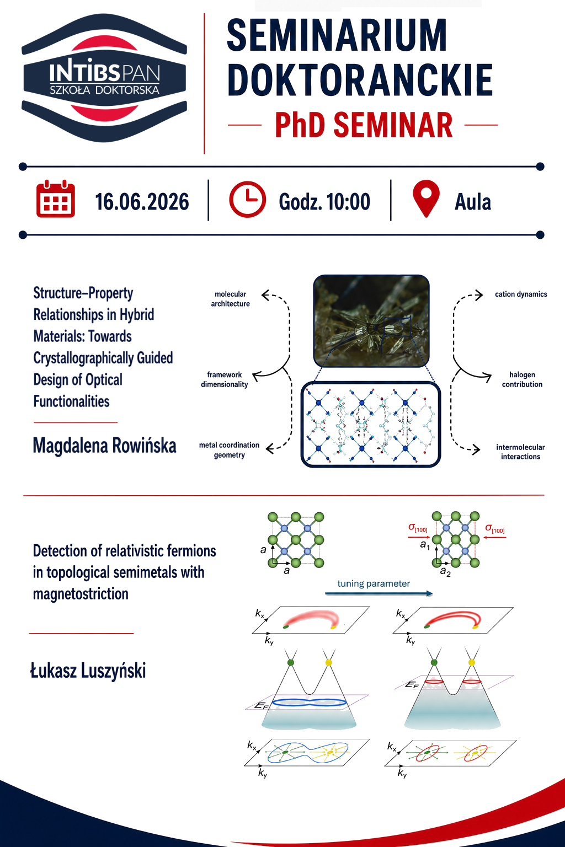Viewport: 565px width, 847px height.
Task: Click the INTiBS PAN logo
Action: coord(104,78)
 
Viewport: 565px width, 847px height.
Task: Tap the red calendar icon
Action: coord(56,199)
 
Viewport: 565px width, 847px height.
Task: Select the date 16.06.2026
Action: coord(142,201)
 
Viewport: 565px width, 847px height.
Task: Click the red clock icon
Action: coord(248,199)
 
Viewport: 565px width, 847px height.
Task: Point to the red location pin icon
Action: coord(426,199)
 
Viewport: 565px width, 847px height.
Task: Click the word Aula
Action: coord(473,201)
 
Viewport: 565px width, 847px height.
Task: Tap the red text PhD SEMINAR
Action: coord(364,125)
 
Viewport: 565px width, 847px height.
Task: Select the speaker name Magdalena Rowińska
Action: coord(104,446)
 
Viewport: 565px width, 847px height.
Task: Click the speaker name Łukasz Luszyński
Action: coord(88,671)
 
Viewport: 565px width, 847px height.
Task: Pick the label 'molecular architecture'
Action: coord(230,299)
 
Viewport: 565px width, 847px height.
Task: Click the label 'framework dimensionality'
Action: coord(224,379)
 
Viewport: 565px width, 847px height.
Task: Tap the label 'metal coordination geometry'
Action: coord(229,449)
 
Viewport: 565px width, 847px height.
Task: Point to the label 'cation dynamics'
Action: coord(521,294)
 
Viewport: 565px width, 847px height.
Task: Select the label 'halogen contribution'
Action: coord(522,379)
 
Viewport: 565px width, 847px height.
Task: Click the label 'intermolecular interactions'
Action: coord(520,452)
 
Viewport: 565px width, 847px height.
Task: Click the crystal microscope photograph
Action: coord(371,321)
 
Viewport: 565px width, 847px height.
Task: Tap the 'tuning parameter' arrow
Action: coord(379,594)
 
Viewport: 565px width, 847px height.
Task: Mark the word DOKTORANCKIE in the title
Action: coord(360,80)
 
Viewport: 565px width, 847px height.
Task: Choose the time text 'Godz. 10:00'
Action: coord(324,201)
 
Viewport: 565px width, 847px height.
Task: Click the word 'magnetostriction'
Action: coord(81,594)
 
